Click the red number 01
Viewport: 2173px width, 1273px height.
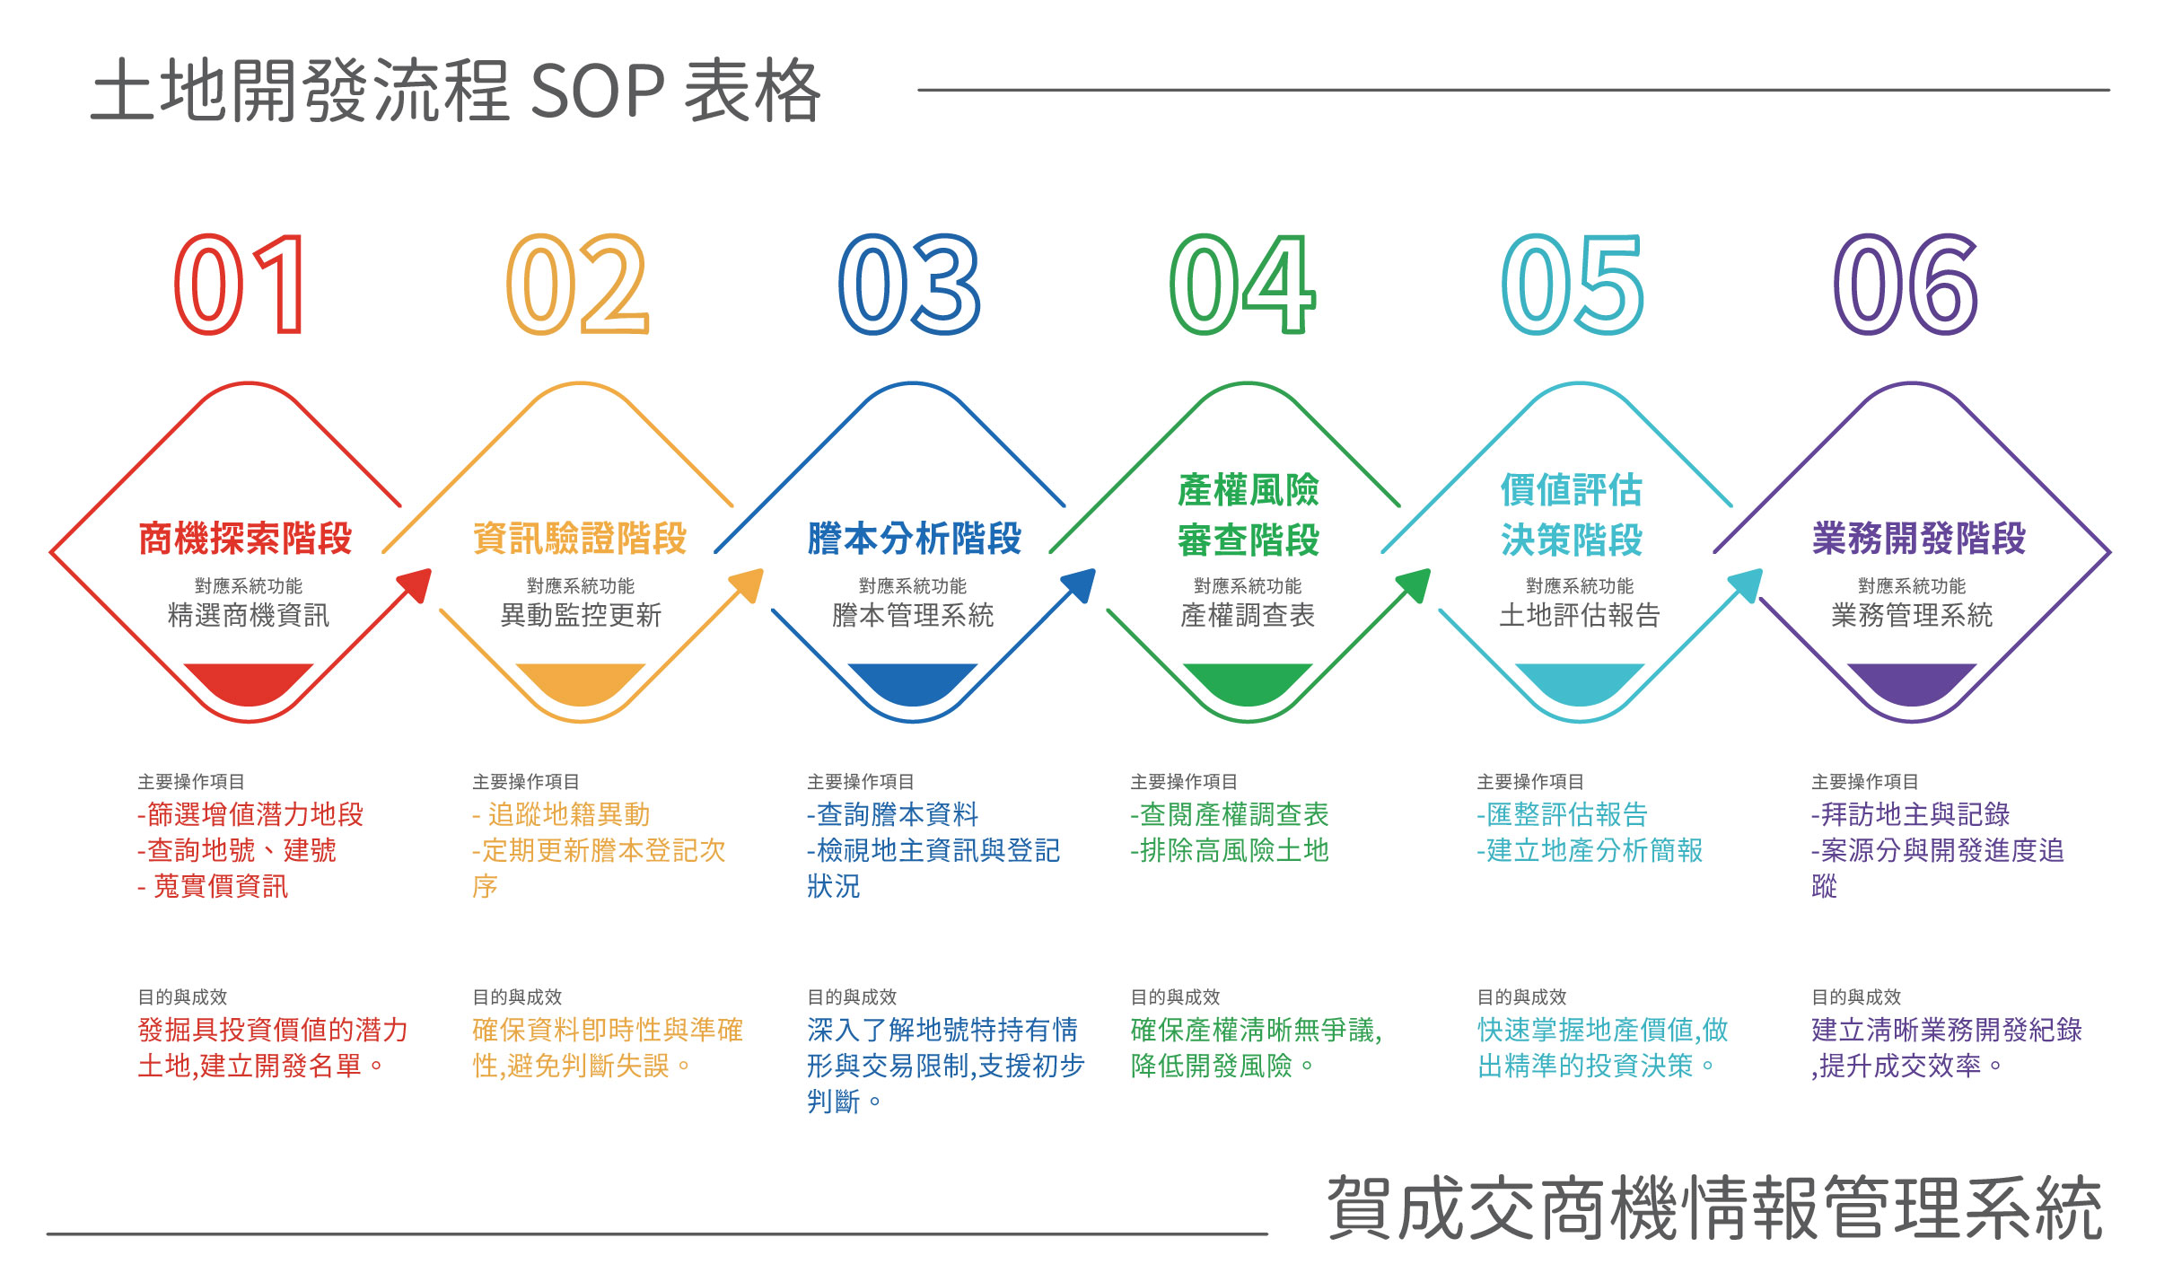[x=240, y=285]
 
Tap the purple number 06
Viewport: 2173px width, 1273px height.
[x=1905, y=285]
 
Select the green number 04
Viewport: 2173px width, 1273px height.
[x=1243, y=285]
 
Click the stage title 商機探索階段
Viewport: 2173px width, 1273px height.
[x=246, y=539]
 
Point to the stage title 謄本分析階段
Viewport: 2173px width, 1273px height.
[x=915, y=539]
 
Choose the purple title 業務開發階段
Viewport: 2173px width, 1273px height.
[x=1919, y=539]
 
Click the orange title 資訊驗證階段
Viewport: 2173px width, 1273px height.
[x=580, y=539]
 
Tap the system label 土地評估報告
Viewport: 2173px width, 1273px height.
[x=1580, y=615]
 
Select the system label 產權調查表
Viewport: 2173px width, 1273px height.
[x=1248, y=615]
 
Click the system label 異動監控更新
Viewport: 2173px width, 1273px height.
[x=581, y=615]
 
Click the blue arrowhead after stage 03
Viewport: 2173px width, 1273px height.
[x=1080, y=584]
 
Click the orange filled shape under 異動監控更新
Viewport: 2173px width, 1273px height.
[x=581, y=683]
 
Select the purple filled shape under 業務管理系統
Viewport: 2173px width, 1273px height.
[x=1912, y=683]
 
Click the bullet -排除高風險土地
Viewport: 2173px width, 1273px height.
[x=1230, y=850]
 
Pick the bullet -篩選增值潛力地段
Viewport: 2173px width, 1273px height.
[x=250, y=814]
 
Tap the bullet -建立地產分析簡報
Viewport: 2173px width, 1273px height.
[x=1590, y=850]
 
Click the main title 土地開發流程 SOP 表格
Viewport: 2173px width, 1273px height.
[x=456, y=91]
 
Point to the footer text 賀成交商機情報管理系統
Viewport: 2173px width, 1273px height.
[x=1714, y=1208]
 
